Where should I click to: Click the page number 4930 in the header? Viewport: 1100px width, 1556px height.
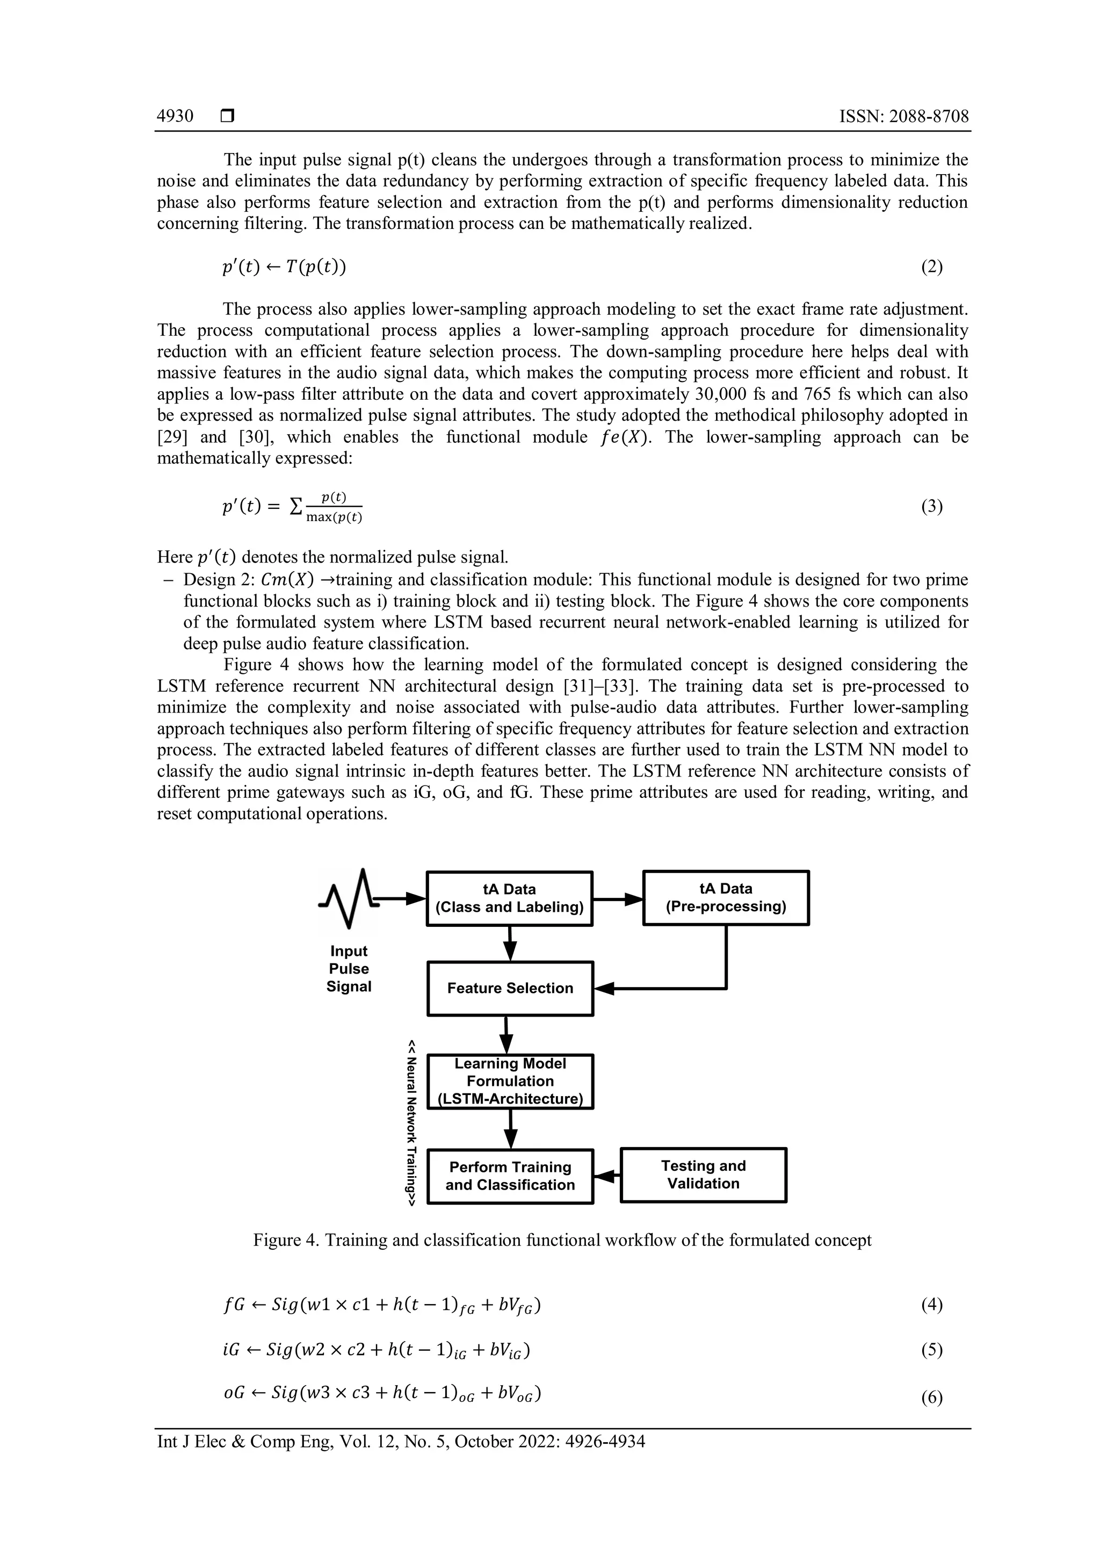coord(175,117)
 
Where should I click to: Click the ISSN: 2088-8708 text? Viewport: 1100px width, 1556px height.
coord(903,117)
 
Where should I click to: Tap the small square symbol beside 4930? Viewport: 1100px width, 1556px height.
coord(227,117)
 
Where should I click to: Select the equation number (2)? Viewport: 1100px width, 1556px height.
coord(931,267)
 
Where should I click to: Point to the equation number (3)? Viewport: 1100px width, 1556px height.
coord(931,506)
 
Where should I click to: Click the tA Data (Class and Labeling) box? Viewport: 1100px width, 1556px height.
coord(509,899)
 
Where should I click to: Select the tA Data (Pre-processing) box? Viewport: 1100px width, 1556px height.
coord(726,898)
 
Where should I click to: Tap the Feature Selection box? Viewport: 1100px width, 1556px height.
coord(510,988)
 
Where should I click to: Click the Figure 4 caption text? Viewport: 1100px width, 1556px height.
coord(562,1240)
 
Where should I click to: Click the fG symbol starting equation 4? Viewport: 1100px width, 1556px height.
coord(234,1305)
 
